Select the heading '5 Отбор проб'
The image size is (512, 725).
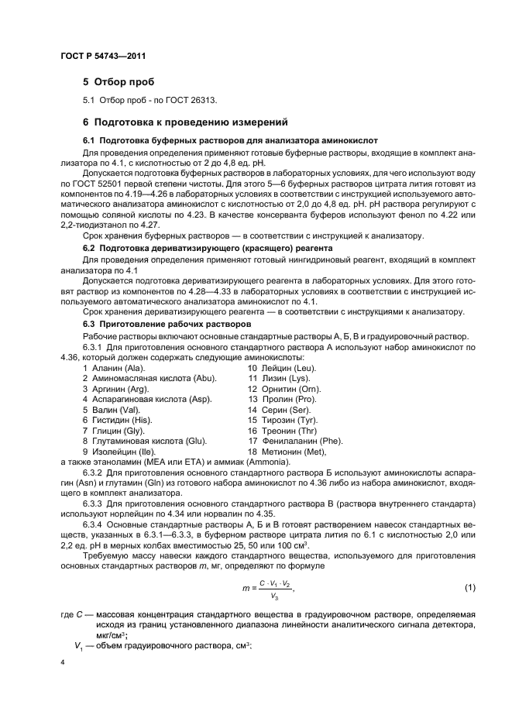click(x=119, y=81)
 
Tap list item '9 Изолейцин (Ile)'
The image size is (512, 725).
click(x=119, y=451)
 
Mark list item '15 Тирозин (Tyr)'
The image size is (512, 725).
click(x=283, y=419)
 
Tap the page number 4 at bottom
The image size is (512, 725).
click(x=63, y=663)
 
